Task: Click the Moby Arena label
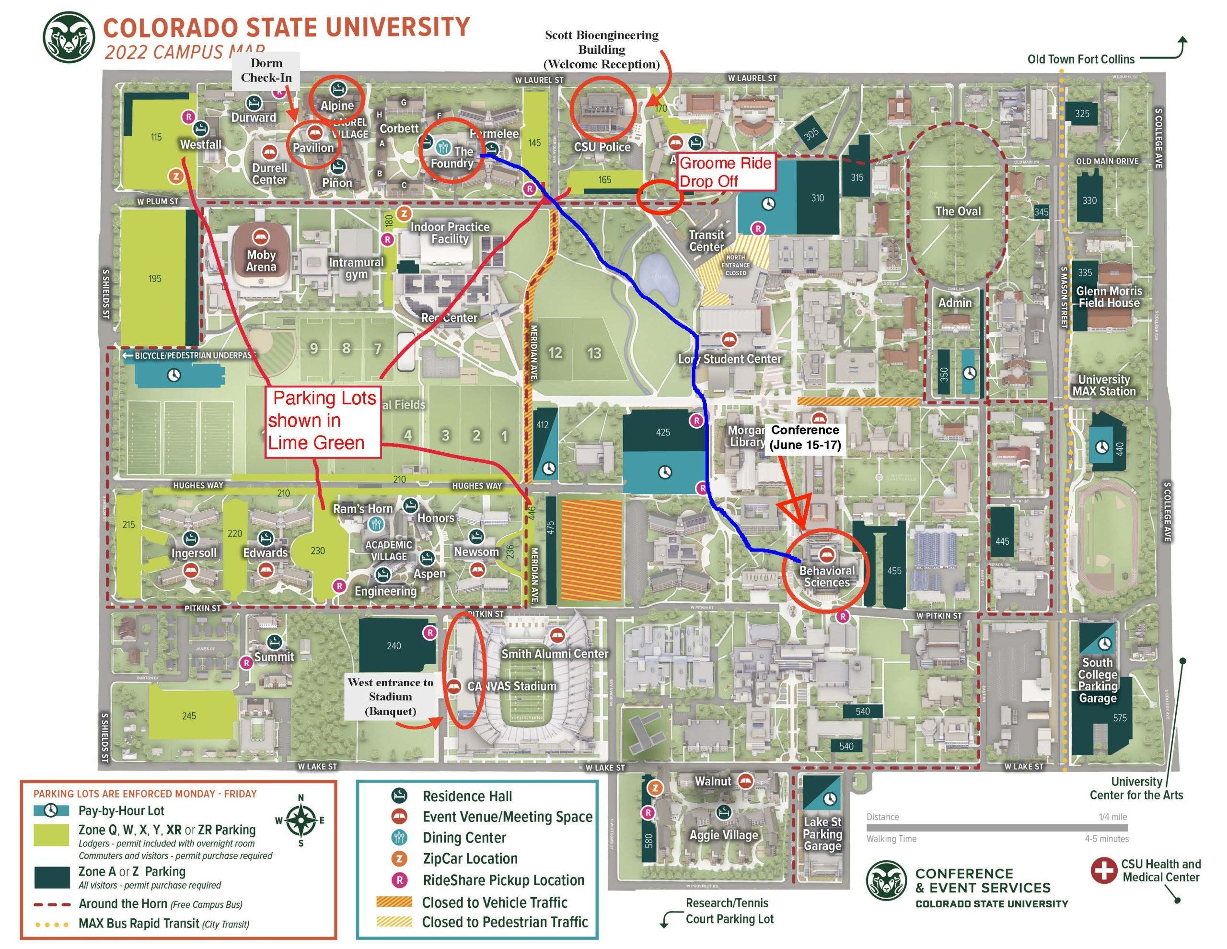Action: [261, 261]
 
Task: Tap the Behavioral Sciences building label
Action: [826, 576]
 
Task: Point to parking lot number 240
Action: [394, 646]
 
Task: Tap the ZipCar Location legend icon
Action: [399, 858]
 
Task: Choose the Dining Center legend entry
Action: [464, 838]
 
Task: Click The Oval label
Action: [958, 211]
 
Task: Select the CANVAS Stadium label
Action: [512, 686]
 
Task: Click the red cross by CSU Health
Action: [1103, 870]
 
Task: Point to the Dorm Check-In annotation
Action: [266, 70]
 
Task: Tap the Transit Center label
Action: [706, 241]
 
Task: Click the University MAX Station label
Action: [1103, 385]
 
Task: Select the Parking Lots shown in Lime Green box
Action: [323, 421]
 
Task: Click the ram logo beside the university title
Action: [69, 38]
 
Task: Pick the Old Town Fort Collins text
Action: [1080, 59]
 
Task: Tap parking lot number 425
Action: [663, 433]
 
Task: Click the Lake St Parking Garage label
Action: [822, 834]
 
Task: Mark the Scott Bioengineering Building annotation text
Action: [601, 49]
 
